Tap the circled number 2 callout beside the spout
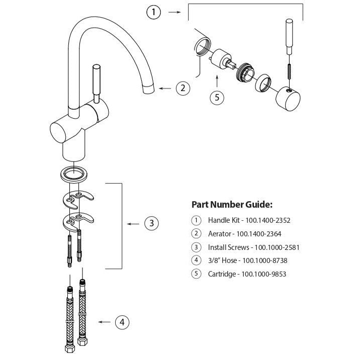click(x=183, y=88)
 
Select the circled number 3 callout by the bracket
click(x=152, y=223)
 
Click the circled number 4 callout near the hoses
click(x=122, y=322)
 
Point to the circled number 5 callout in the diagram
click(x=217, y=98)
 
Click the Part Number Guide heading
click(x=232, y=205)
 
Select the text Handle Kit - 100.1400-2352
click(x=249, y=220)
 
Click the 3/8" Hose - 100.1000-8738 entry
click(x=248, y=261)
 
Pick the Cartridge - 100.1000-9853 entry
click(x=247, y=275)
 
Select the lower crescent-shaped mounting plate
click(x=79, y=220)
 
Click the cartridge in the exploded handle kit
click(x=222, y=61)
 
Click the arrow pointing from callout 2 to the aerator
click(x=165, y=88)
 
